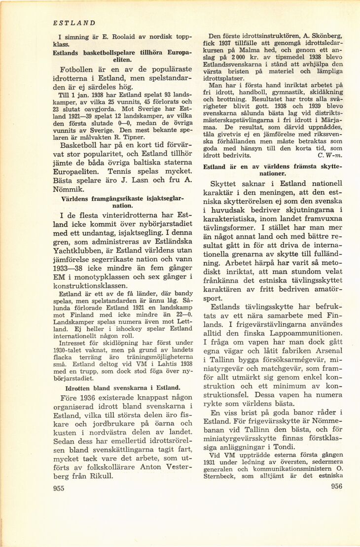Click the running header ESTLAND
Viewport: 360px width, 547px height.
(x=74, y=23)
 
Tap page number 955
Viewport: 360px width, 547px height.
(x=59, y=488)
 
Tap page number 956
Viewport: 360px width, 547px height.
(x=333, y=486)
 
